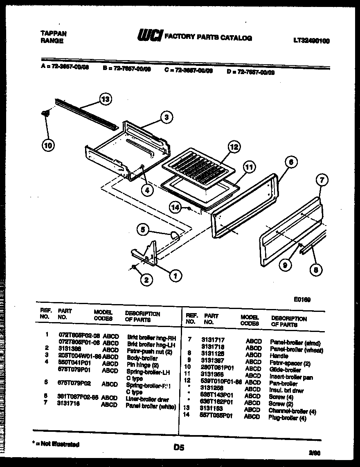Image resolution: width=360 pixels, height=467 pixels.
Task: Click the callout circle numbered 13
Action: (x=106, y=99)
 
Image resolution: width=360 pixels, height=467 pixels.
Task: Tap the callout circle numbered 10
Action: (x=48, y=145)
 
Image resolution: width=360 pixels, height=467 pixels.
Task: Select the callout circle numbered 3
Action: (x=165, y=117)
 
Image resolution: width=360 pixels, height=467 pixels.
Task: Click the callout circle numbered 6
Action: (x=290, y=162)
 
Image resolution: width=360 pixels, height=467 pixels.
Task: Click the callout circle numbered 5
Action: (x=143, y=230)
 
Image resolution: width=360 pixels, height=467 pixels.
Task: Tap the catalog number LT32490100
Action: (x=311, y=41)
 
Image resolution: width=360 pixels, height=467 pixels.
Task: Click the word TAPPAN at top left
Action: (x=54, y=34)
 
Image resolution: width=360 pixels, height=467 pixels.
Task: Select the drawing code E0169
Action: (x=302, y=300)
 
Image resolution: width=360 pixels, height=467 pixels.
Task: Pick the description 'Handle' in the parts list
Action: (x=279, y=356)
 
